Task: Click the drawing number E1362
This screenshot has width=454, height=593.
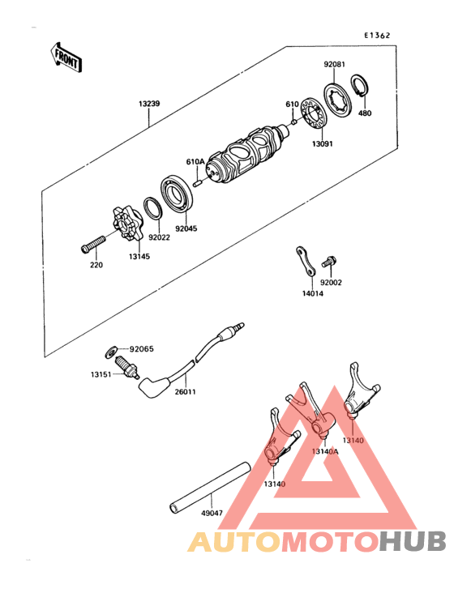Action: [x=377, y=36]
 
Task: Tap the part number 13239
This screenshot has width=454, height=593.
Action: [x=149, y=104]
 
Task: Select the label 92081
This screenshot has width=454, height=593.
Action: [x=335, y=63]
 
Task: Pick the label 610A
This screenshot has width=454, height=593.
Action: [x=195, y=162]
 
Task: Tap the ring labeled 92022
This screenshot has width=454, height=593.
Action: [x=151, y=209]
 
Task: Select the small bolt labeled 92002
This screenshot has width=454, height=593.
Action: [x=328, y=262]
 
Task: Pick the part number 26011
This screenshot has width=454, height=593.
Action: [x=186, y=391]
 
